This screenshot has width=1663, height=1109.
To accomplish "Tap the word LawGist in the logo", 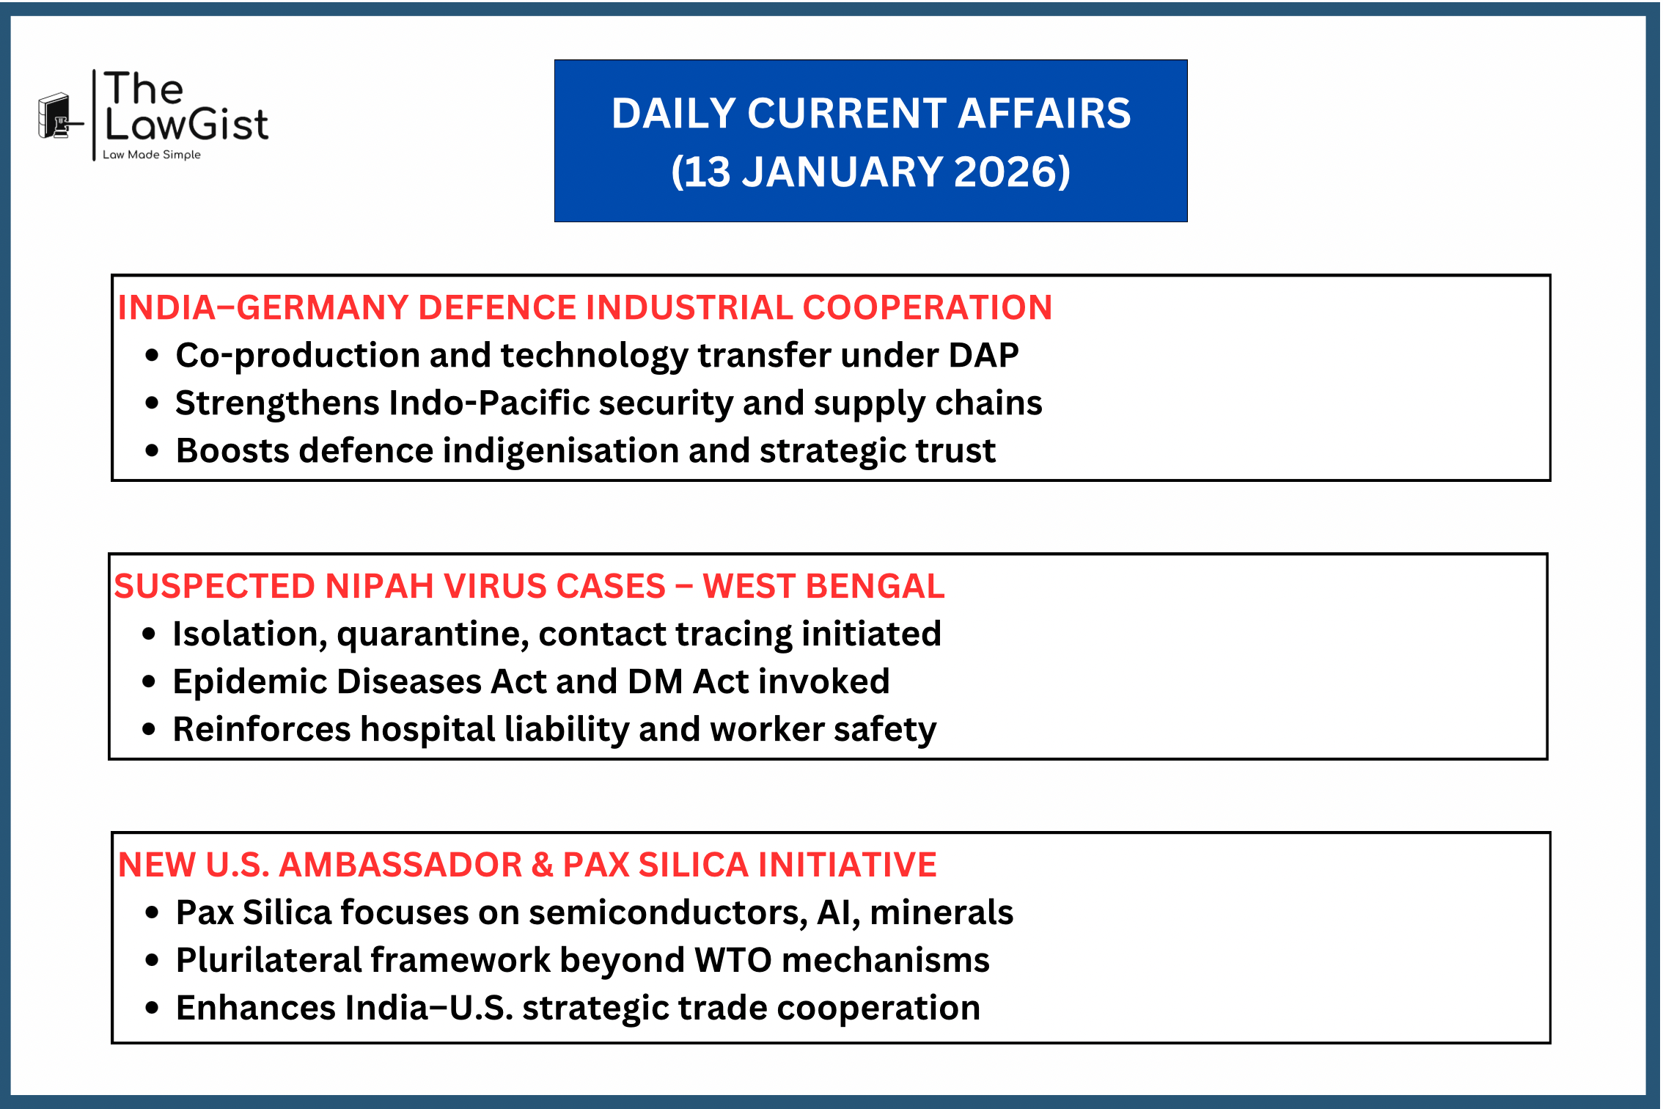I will tap(187, 124).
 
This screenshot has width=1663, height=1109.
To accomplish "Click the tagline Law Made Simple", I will tap(151, 155).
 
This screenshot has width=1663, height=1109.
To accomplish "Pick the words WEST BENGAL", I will tap(823, 586).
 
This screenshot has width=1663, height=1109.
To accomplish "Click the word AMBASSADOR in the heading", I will tap(400, 865).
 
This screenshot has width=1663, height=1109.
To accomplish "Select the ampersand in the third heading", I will tap(542, 865).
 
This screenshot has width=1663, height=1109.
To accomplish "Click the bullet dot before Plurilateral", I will tap(152, 960).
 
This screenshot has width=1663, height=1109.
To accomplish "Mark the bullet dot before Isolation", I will tap(149, 634).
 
